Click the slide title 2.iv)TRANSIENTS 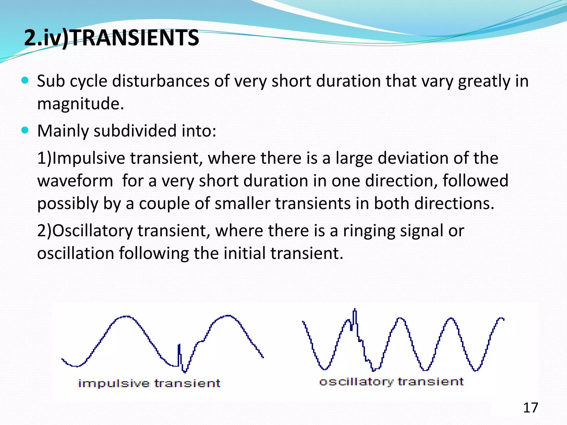point(112,38)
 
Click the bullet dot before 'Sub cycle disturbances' point(25,81)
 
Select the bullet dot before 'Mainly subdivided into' point(25,130)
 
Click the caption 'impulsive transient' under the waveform point(149,383)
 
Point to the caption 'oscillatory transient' point(391,382)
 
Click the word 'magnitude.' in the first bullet point(81,104)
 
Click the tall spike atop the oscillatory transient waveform point(355,315)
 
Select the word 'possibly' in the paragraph point(68,204)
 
